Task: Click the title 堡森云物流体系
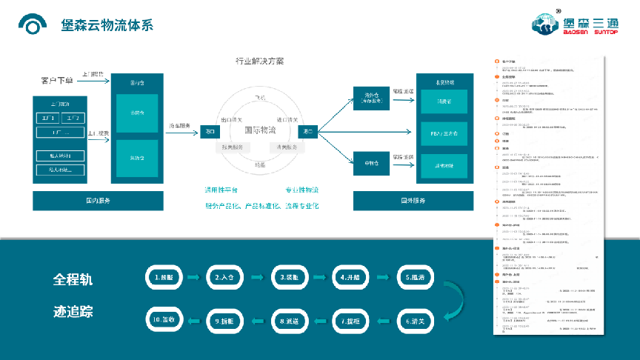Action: click(107, 24)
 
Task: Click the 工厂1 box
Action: click(50, 118)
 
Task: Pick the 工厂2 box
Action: click(76, 118)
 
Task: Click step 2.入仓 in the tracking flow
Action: click(227, 277)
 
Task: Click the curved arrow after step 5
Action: click(452, 299)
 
